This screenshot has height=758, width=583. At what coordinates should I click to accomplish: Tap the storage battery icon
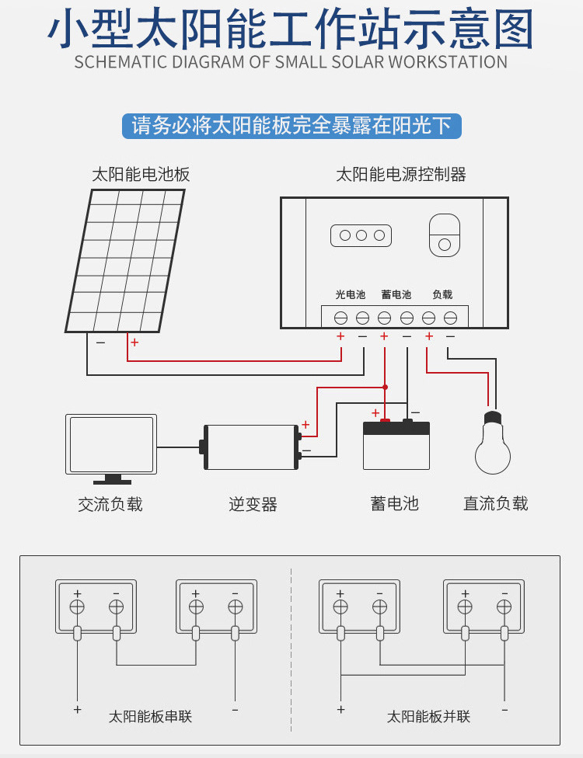click(x=396, y=446)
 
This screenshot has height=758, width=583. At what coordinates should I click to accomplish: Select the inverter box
click(x=251, y=447)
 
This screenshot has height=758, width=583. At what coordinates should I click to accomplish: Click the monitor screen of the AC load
click(x=111, y=443)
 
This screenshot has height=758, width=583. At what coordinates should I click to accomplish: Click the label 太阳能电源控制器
click(x=400, y=175)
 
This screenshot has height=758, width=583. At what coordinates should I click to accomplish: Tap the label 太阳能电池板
click(x=141, y=175)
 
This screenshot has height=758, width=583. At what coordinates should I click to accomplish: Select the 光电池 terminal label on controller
click(x=350, y=295)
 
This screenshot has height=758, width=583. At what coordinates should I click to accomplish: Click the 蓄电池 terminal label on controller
click(x=396, y=295)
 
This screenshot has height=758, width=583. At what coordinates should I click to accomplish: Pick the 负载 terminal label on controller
click(x=442, y=295)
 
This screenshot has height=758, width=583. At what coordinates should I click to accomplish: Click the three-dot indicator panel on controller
click(x=361, y=235)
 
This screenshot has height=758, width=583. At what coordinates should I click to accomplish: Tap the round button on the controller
click(x=445, y=245)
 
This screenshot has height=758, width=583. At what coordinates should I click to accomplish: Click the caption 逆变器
click(x=253, y=505)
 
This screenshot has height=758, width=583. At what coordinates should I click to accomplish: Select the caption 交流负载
click(x=110, y=505)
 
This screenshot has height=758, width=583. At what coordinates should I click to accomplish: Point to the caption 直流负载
click(x=495, y=504)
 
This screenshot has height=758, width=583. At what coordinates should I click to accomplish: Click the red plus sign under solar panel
click(x=134, y=342)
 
